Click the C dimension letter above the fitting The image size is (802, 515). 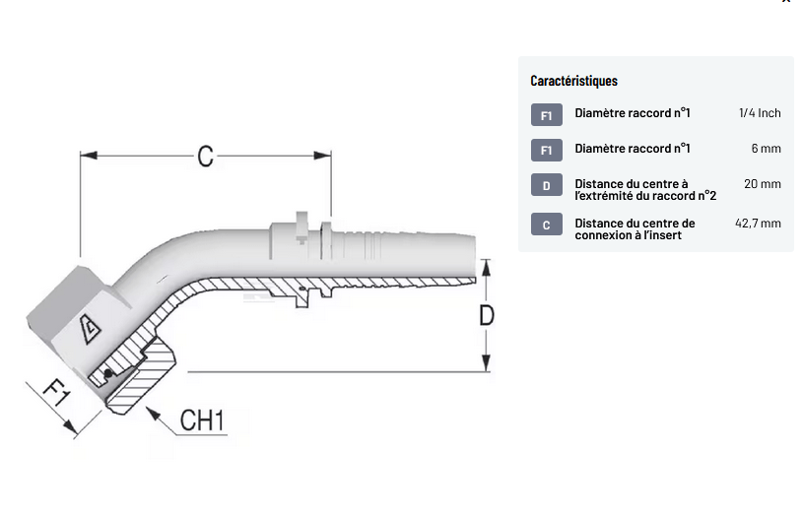click(x=205, y=156)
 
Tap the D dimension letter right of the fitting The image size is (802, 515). click(x=486, y=315)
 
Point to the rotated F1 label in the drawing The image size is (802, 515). click(x=57, y=396)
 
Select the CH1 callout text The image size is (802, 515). click(x=203, y=421)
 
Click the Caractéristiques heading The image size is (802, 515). click(x=573, y=81)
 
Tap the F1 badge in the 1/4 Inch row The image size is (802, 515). click(x=547, y=114)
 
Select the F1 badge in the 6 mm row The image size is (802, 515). click(x=547, y=150)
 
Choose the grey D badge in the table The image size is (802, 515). click(x=547, y=185)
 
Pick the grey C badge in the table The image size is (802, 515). click(x=547, y=225)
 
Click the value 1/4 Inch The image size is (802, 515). click(x=760, y=113)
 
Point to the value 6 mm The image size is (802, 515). click(x=766, y=149)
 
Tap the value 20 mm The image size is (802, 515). click(x=763, y=184)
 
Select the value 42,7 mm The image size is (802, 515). click(x=758, y=224)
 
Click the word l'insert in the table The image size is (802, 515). click(x=657, y=235)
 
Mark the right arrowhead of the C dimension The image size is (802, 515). click(x=324, y=155)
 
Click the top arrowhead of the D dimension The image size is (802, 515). click(x=486, y=266)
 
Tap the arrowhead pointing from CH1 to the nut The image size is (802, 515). click(x=153, y=413)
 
